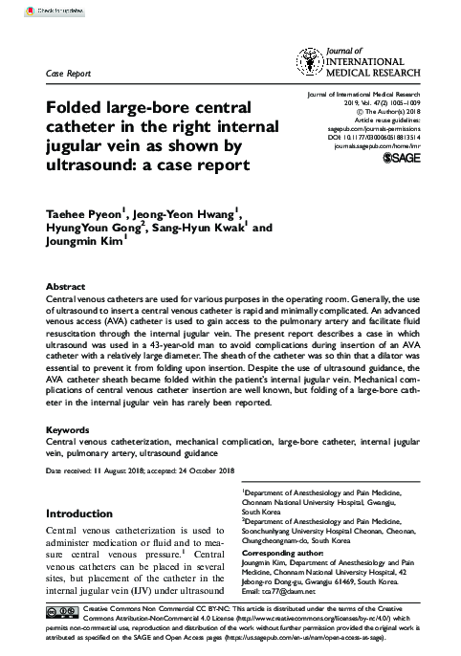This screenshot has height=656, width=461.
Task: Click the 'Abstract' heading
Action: (67, 287)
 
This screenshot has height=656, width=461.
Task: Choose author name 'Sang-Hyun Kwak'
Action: (195, 229)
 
